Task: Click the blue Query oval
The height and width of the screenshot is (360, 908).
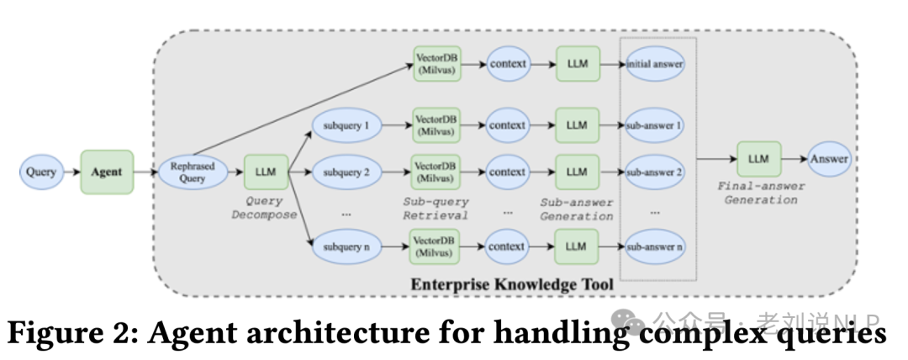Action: [x=41, y=172]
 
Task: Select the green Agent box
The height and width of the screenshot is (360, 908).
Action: [x=107, y=172]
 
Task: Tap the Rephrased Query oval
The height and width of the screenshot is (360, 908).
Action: [x=193, y=172]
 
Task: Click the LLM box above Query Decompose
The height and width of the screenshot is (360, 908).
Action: [x=266, y=172]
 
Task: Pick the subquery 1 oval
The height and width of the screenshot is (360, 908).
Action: [x=346, y=125]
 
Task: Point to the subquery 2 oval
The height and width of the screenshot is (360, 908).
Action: [x=346, y=172]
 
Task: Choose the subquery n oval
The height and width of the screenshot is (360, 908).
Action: [x=346, y=246]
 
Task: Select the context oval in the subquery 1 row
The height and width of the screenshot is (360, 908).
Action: [x=507, y=125]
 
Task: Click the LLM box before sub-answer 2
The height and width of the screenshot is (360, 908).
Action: [x=577, y=172]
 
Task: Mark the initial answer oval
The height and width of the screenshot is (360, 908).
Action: [x=655, y=63]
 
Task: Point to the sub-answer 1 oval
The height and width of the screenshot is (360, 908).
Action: [x=655, y=125]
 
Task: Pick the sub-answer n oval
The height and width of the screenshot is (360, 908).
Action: [x=655, y=246]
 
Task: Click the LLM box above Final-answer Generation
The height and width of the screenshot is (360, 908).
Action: [x=758, y=159]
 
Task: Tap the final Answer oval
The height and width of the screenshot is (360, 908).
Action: [x=829, y=159]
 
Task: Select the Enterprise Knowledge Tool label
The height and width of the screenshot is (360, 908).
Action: [x=512, y=284]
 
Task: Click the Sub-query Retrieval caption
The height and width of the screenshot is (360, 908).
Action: [x=436, y=209]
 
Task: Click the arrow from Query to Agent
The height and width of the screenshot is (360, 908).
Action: [x=71, y=172]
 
